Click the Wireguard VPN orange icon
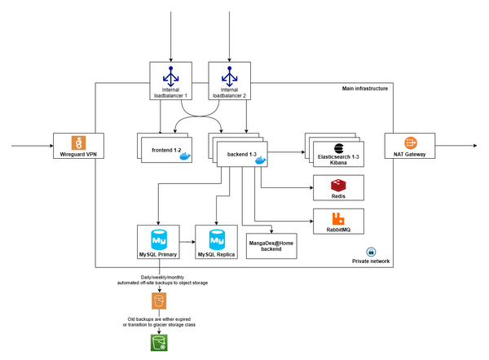point(79,141)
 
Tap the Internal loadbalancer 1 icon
point(170,76)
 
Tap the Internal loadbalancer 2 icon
point(228,76)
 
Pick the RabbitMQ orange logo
point(338,218)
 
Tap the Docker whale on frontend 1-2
point(185,155)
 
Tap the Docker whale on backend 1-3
point(260,160)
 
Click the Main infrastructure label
point(365,87)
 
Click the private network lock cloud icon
point(371,251)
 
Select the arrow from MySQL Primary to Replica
point(186,242)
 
